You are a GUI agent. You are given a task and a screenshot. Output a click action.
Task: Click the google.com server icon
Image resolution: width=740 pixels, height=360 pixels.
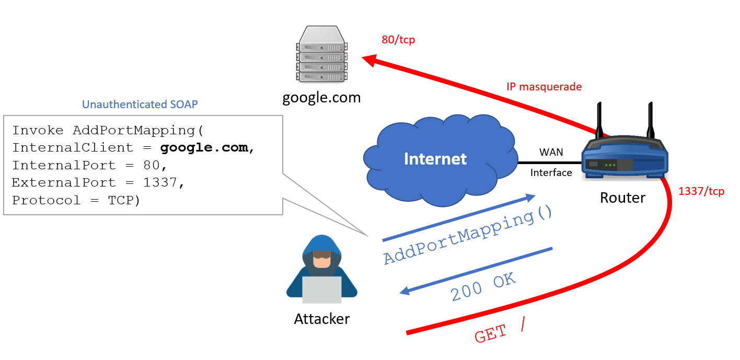321,55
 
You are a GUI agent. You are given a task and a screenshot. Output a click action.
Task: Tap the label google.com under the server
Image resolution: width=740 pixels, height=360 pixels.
321,98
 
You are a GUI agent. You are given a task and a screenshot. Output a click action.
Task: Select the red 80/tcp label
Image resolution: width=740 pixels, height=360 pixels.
398,40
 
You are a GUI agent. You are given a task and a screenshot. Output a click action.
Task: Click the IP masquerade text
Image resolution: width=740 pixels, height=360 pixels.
544,87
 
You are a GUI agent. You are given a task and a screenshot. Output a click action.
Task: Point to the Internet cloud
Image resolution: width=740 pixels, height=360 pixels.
435,159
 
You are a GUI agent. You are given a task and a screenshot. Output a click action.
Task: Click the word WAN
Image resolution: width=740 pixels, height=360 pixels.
551,152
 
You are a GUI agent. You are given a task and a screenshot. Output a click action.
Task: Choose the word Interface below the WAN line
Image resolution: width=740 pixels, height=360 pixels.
551,173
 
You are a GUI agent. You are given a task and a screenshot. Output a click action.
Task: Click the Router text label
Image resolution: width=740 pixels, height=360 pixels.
622,198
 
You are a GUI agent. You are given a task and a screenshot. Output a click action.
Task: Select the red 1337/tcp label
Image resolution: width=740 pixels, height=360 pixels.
701,191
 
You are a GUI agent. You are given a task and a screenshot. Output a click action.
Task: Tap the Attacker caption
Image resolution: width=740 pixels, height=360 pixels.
322,319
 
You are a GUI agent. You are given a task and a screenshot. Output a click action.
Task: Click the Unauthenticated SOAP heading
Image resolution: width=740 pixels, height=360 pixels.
140,104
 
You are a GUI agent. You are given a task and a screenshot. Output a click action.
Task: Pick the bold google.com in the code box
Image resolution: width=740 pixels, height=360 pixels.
204,148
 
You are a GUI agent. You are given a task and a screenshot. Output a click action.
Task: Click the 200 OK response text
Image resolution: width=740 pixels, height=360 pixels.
483,287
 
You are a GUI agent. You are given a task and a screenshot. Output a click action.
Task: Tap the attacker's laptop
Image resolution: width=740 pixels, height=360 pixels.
322,289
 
